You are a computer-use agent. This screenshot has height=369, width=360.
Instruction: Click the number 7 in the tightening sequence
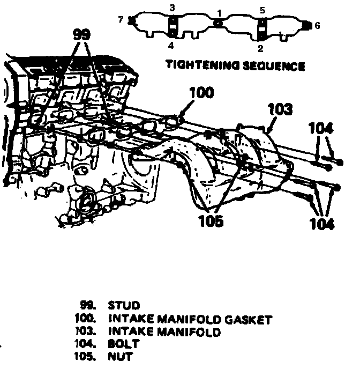[121, 20]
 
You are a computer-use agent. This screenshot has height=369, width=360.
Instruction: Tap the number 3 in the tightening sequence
[172, 8]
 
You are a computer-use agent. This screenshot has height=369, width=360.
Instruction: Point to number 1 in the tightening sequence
[219, 12]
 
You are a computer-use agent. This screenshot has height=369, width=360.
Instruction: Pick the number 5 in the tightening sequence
[262, 9]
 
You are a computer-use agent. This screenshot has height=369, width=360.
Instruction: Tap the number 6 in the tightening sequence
[317, 25]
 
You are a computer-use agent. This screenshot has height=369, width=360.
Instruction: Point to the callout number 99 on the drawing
[82, 35]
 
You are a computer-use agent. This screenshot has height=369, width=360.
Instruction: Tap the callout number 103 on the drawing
[280, 109]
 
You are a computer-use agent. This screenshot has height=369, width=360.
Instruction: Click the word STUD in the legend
[124, 307]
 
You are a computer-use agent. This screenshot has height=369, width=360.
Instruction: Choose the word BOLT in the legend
[124, 344]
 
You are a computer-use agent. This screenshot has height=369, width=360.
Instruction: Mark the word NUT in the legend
[120, 356]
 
